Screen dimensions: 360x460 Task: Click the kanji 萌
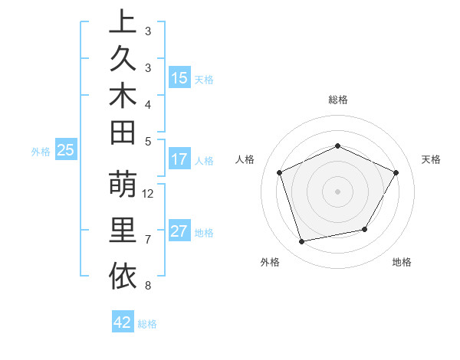(123, 186)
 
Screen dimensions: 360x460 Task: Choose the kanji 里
(123, 231)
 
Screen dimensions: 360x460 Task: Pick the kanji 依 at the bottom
(123, 276)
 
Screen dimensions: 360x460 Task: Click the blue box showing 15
(179, 78)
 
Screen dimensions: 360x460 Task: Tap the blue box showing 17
(179, 160)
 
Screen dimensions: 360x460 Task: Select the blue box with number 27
(179, 232)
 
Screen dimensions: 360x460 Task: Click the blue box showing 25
(66, 151)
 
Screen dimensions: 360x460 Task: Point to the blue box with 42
(123, 322)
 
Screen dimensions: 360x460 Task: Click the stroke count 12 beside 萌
(149, 193)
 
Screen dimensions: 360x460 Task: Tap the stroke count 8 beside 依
(147, 286)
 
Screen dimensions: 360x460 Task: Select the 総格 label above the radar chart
(338, 100)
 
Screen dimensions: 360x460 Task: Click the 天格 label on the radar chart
(432, 159)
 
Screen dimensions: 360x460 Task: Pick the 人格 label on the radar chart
(245, 159)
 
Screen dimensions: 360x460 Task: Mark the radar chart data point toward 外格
(302, 242)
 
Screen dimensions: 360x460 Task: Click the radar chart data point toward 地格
(365, 229)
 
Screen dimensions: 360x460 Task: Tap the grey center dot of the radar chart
(338, 191)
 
